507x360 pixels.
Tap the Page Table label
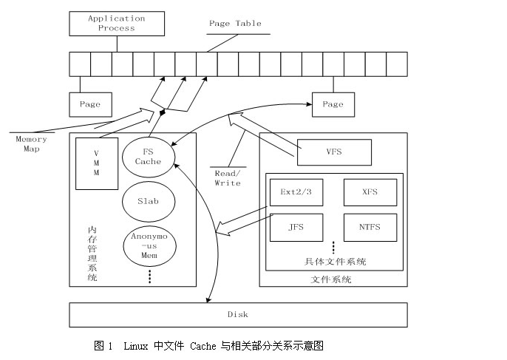tap(235, 24)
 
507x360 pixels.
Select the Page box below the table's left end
tap(90, 104)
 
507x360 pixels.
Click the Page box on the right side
tap(333, 104)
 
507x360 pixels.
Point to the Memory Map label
tap(31, 143)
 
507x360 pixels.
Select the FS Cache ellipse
tap(148, 156)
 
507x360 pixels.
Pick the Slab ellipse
tap(148, 200)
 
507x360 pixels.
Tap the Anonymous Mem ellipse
tap(149, 245)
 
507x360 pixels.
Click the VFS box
tap(333, 152)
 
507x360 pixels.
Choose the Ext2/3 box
tap(296, 192)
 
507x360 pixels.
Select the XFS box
tap(370, 192)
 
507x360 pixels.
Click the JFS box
tap(296, 227)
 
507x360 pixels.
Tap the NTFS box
tap(370, 227)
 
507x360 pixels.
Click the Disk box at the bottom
tap(237, 314)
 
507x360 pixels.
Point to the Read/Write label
tap(228, 177)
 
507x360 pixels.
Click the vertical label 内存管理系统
tap(92, 254)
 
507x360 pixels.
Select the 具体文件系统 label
tap(335, 262)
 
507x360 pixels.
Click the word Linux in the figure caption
tap(135, 345)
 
